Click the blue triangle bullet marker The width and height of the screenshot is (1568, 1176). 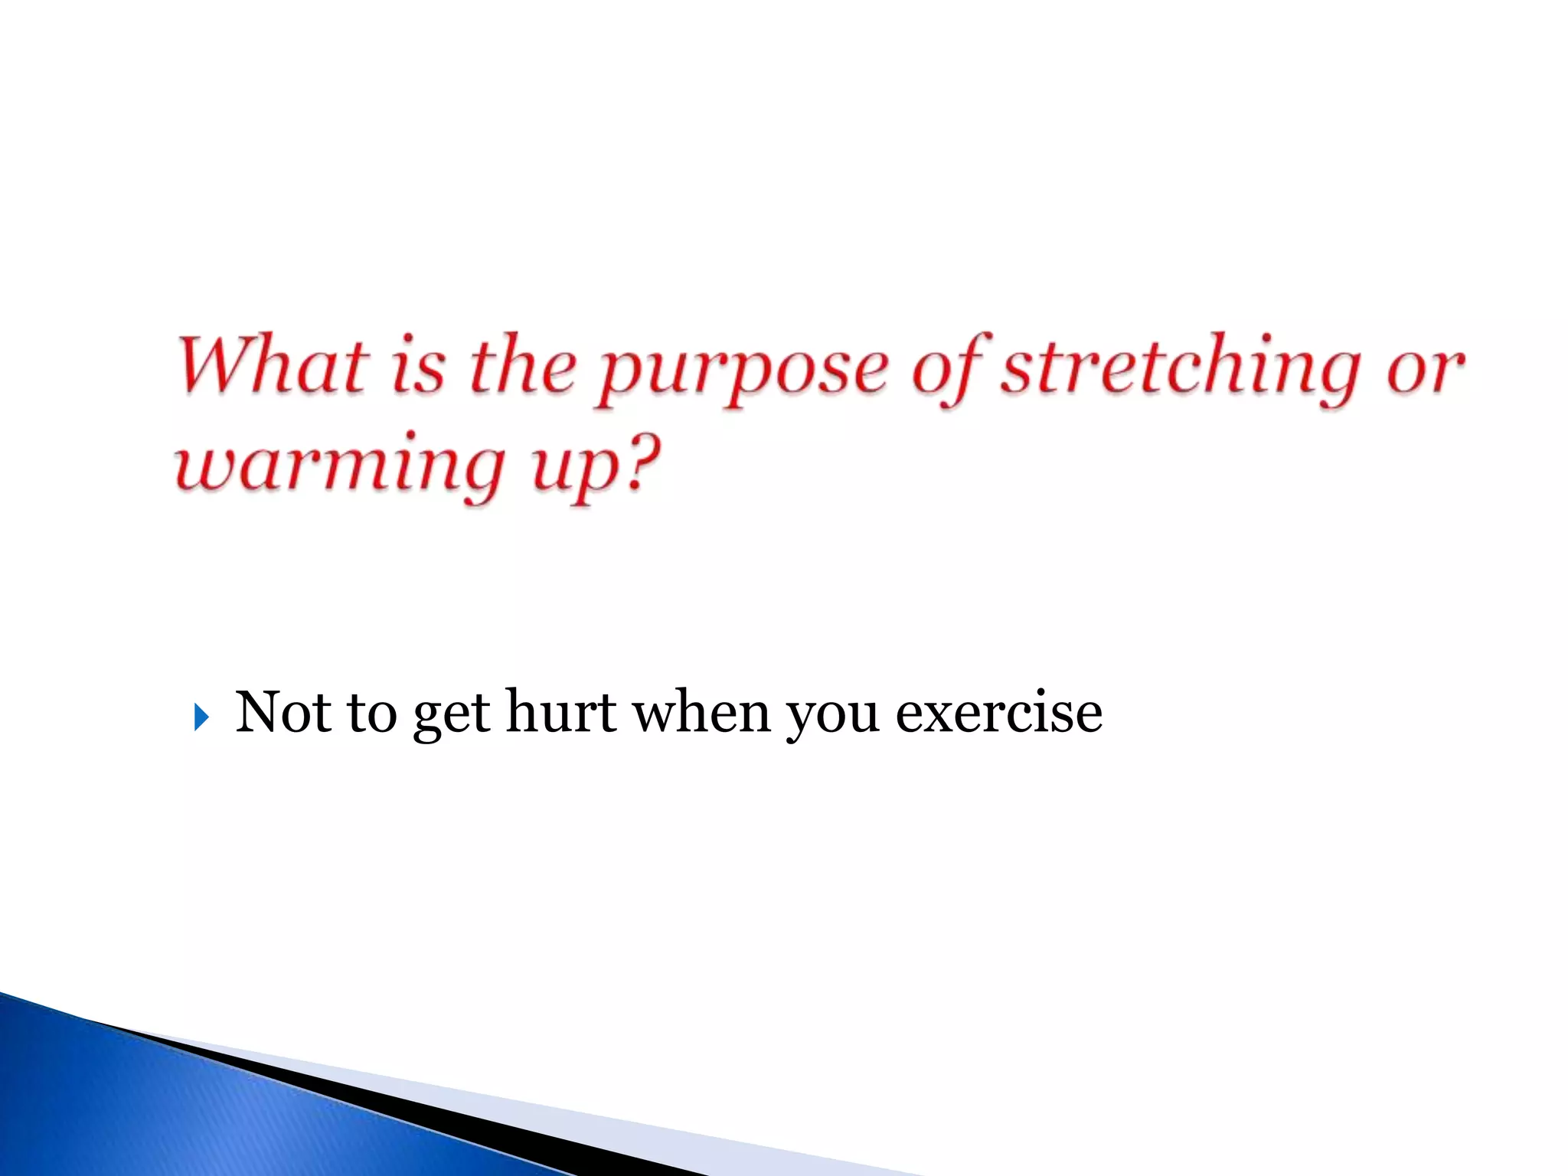(201, 717)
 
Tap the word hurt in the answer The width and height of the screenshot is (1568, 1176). (561, 712)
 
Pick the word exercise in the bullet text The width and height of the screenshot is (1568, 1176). (998, 712)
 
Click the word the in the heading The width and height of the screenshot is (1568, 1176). (523, 366)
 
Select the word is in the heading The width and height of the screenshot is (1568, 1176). (418, 367)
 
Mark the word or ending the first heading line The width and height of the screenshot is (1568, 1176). (1424, 371)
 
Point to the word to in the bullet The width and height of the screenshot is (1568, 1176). (372, 712)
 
